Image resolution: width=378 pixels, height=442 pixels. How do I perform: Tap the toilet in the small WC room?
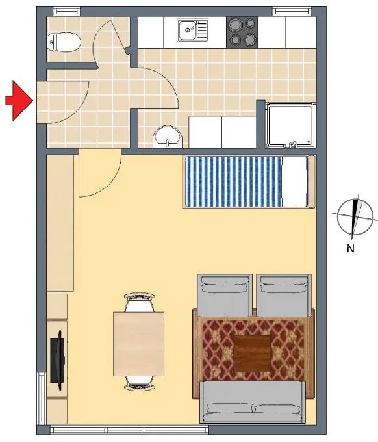tap(64, 42)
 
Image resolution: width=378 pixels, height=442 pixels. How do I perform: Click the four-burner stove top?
tap(242, 32)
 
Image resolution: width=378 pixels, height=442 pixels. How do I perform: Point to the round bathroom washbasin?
tap(168, 136)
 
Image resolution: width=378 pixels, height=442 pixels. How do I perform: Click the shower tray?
tap(291, 125)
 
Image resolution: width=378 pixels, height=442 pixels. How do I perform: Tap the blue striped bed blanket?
tap(234, 181)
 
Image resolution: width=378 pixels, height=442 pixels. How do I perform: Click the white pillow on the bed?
tap(294, 181)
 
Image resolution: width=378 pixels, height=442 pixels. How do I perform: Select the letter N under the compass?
tap(350, 248)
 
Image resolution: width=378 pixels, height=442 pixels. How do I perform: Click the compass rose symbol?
tap(355, 215)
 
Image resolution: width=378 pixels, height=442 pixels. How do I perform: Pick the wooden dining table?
tap(138, 344)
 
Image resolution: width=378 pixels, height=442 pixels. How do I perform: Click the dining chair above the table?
tap(140, 302)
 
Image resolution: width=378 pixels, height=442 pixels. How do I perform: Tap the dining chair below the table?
tap(140, 383)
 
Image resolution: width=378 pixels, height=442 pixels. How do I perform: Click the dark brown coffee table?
tap(253, 353)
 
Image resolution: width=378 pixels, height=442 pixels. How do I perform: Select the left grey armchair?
tap(225, 295)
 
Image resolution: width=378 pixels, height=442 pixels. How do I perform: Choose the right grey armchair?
tap(284, 295)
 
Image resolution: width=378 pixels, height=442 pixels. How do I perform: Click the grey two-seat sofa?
tap(253, 402)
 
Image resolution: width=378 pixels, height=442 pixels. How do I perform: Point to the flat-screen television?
tap(57, 361)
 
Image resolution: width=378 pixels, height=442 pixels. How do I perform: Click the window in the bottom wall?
tap(129, 430)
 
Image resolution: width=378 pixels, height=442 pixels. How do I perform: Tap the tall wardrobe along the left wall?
tap(60, 223)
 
